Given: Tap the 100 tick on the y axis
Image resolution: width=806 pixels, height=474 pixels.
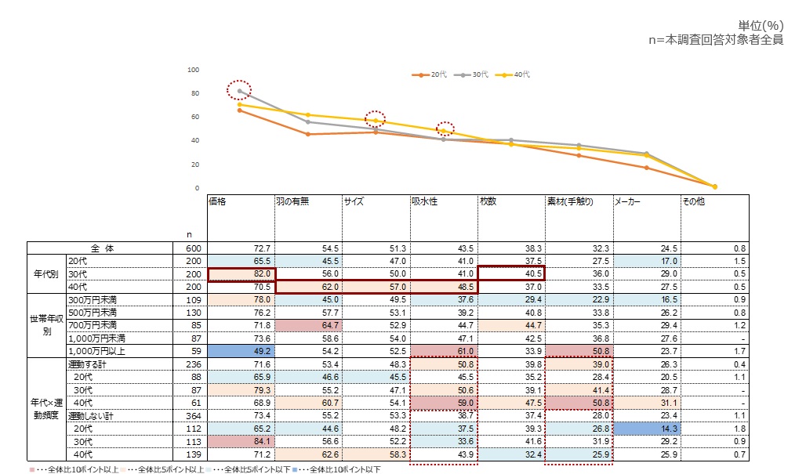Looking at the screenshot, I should coord(193,70).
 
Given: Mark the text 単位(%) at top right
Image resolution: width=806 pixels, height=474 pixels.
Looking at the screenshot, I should coord(761,26).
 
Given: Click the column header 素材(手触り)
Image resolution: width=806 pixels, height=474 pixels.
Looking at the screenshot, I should coord(570,201).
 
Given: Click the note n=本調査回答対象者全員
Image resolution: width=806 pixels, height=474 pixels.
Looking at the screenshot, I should coord(716,40).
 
